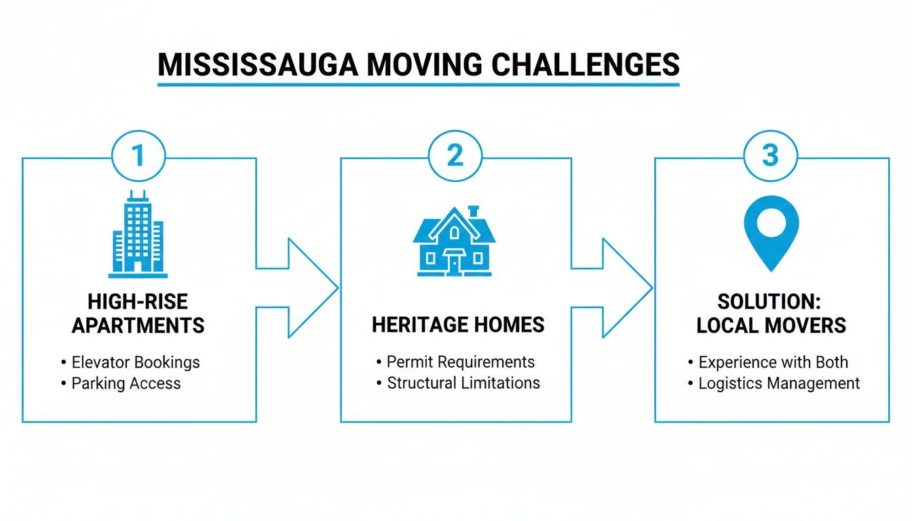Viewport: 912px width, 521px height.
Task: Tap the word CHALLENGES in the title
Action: click(x=584, y=64)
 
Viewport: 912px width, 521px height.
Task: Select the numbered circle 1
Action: click(x=138, y=155)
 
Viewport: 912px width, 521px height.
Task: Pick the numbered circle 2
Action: click(x=455, y=155)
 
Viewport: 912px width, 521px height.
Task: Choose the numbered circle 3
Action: click(x=770, y=155)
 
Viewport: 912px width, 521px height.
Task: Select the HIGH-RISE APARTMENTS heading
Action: click(x=138, y=313)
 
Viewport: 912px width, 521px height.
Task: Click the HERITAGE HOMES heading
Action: click(x=458, y=324)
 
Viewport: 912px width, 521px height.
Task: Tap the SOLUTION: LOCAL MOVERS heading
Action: click(x=772, y=313)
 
